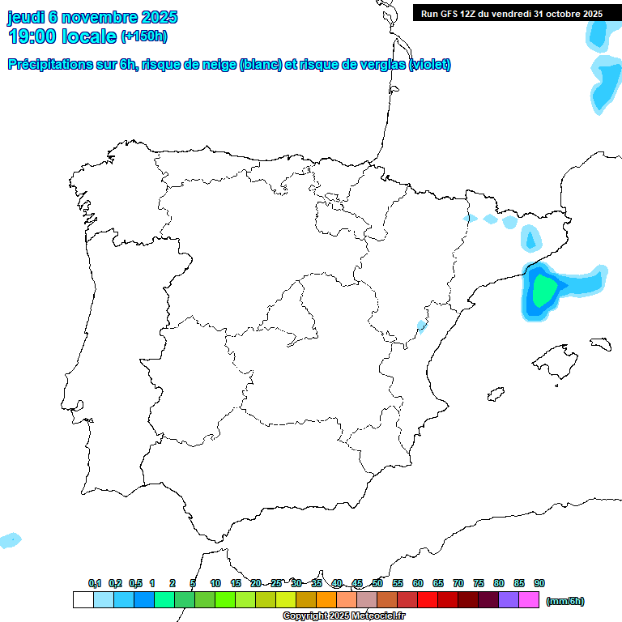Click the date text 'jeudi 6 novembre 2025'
[92, 17]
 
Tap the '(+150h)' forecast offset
[144, 36]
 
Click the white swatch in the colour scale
[83, 600]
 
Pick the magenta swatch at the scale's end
[529, 600]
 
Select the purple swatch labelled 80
[509, 600]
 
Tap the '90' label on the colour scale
[539, 584]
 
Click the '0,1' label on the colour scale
[95, 584]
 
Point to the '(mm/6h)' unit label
[565, 601]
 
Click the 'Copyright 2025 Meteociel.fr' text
[343, 616]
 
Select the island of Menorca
[600, 343]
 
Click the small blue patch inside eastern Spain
[420, 326]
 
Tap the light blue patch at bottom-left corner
[10, 539]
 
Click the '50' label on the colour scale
[377, 584]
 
